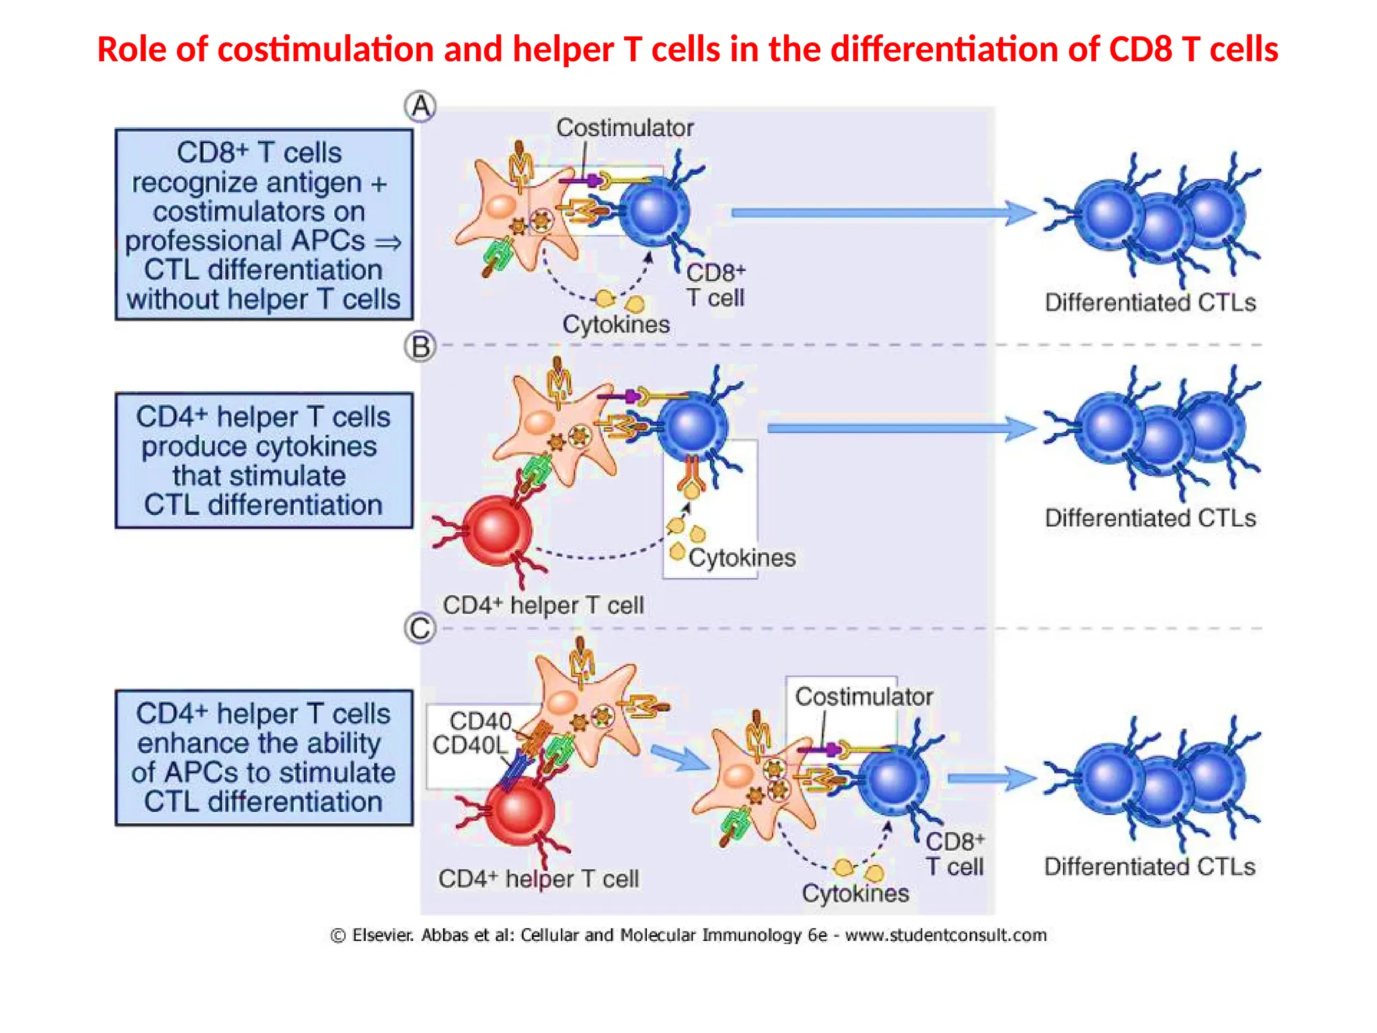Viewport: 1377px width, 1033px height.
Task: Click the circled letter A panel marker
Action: [420, 106]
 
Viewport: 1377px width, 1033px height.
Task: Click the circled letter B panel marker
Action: [420, 347]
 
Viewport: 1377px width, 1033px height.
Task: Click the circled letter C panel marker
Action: [420, 629]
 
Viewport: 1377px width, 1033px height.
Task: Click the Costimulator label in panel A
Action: [625, 128]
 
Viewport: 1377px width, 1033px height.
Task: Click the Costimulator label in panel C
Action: [863, 697]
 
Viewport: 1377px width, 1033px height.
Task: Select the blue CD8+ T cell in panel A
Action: [653, 210]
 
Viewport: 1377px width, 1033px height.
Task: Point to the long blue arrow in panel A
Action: [881, 213]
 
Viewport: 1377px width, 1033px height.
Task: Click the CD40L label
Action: [469, 745]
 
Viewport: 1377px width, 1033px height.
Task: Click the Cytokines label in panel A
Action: [616, 324]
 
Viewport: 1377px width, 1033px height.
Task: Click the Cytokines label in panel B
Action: [742, 558]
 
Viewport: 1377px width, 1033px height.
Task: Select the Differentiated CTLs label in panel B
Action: [1150, 518]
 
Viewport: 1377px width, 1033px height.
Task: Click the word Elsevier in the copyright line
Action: [383, 935]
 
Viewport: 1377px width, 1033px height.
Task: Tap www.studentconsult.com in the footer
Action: [945, 935]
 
